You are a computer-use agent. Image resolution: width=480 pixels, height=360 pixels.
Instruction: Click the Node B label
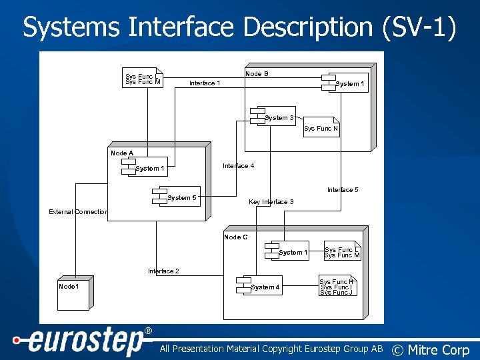(x=257, y=74)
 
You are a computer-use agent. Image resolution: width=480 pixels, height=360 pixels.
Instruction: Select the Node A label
(x=122, y=153)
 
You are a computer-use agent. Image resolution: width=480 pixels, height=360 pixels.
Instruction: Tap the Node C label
(x=235, y=237)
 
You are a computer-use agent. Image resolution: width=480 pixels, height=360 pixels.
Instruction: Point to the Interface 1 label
(x=205, y=83)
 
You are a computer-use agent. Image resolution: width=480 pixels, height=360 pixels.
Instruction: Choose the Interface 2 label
(x=163, y=271)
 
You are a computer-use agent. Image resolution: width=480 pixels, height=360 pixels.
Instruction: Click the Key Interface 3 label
(x=271, y=202)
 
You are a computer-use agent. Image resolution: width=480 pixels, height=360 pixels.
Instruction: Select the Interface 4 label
(x=238, y=166)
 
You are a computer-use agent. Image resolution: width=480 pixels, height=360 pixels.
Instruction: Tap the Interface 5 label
(x=343, y=190)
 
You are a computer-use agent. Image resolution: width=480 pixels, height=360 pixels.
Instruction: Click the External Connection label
(x=78, y=212)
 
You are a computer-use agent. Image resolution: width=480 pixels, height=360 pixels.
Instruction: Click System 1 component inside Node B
(x=345, y=83)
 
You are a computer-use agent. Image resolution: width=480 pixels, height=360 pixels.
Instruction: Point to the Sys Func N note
(x=321, y=129)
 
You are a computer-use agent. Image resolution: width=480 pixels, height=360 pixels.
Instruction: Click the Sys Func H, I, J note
(x=337, y=287)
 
